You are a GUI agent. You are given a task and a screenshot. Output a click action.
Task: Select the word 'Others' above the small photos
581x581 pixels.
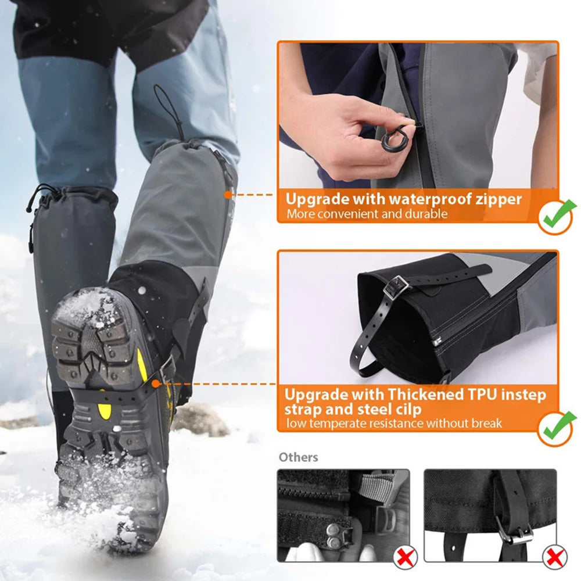[298, 457]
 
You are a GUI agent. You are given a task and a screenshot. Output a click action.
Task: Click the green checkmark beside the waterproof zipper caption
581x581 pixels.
[556, 216]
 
